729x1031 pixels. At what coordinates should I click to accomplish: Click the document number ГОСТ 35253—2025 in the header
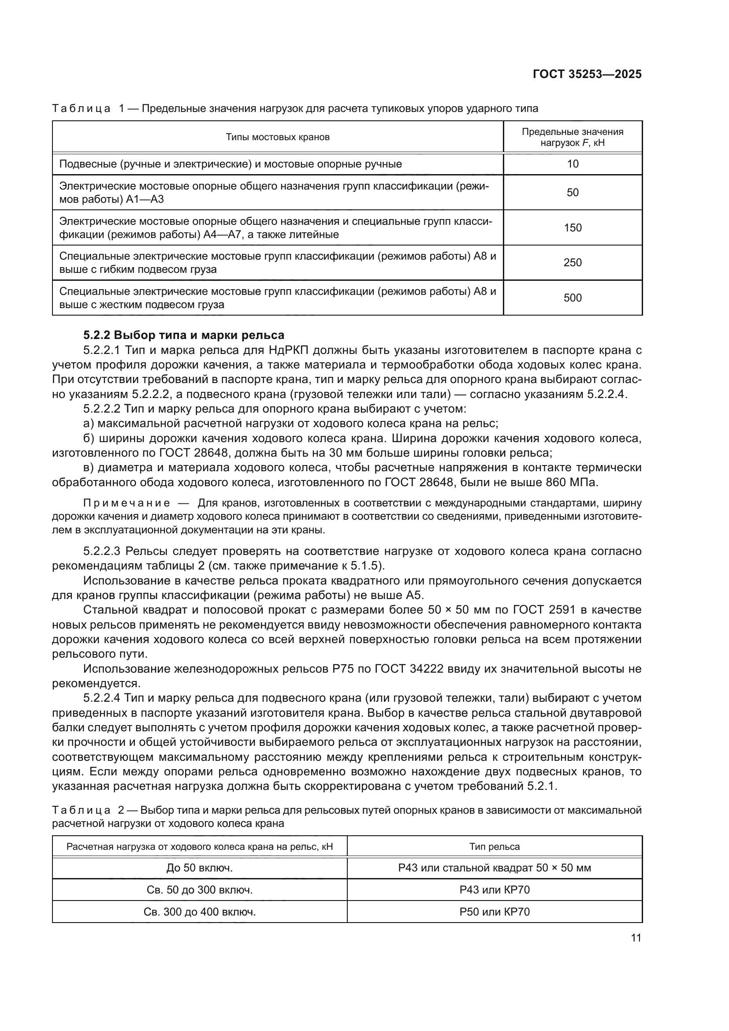(587, 74)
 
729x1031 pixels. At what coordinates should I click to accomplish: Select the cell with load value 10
(573, 164)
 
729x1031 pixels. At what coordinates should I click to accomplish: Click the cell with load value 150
(573, 227)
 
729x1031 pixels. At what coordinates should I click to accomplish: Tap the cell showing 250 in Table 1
(573, 263)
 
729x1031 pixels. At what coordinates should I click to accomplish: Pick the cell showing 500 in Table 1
(573, 298)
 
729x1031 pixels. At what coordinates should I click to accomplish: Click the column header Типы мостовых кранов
(277, 137)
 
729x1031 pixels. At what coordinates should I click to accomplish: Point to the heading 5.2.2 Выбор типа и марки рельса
(184, 335)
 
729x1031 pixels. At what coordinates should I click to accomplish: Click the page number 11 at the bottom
(636, 938)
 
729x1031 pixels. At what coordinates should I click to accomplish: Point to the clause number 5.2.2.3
(102, 551)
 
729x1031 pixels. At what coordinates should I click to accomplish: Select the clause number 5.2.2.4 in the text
(102, 698)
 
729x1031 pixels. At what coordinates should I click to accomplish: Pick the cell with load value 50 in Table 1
(573, 193)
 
